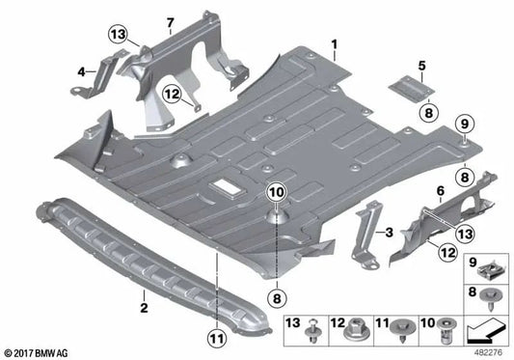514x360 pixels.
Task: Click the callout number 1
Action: pyautogui.click(x=334, y=43)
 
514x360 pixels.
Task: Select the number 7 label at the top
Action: pyautogui.click(x=170, y=21)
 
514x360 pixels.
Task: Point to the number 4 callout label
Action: pyautogui.click(x=81, y=69)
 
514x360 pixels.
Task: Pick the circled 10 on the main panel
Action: pyautogui.click(x=276, y=192)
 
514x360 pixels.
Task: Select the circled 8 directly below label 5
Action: pyautogui.click(x=421, y=112)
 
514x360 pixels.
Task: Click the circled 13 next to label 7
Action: pyautogui.click(x=118, y=36)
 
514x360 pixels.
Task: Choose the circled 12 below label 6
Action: pyautogui.click(x=419, y=251)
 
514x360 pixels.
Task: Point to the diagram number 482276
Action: pyautogui.click(x=491, y=353)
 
